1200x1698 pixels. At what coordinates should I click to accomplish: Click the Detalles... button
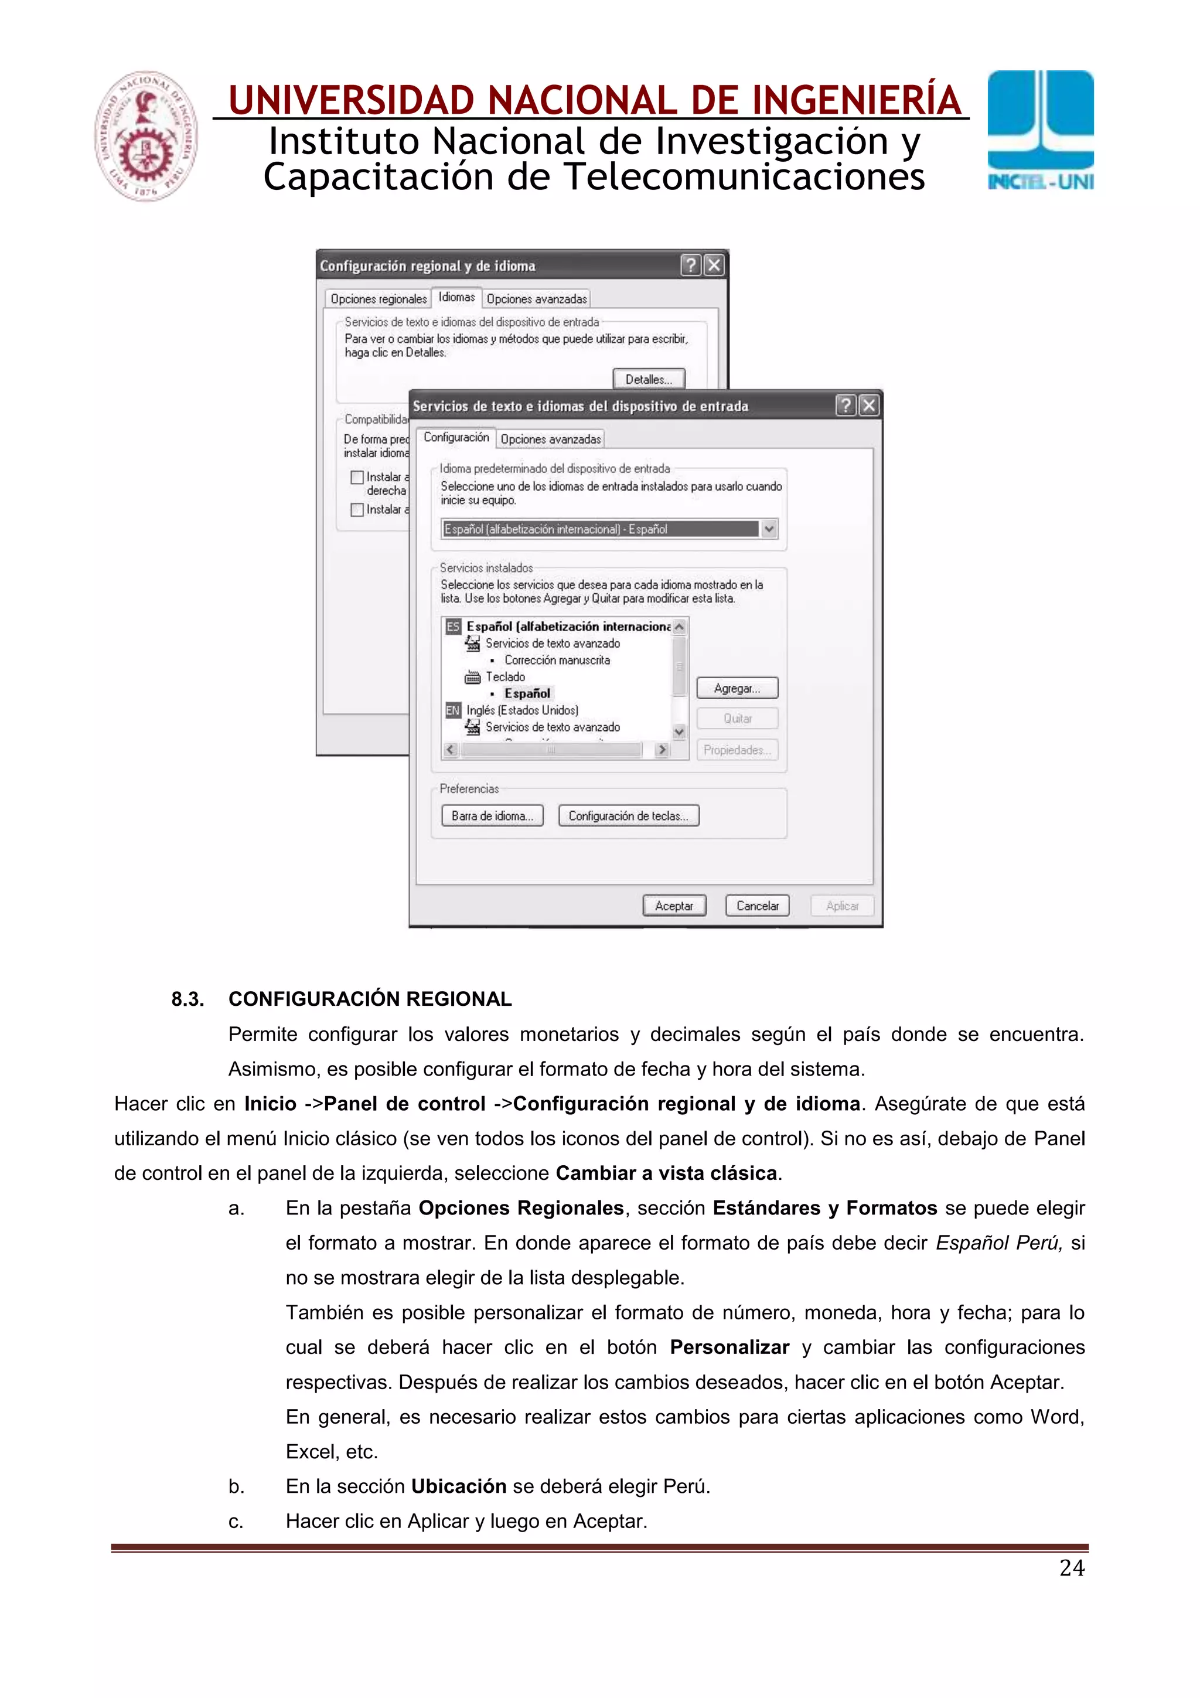click(x=649, y=379)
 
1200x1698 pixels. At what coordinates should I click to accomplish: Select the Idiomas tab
click(x=456, y=297)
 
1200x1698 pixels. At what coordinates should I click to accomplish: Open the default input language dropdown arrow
click(x=769, y=529)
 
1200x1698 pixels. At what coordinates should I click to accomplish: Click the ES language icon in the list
click(x=452, y=627)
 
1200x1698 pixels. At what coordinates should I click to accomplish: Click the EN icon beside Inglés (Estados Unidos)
click(x=452, y=710)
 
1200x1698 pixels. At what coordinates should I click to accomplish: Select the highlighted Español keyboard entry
click(x=527, y=693)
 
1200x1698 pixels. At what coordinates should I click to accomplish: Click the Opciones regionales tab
click(x=379, y=299)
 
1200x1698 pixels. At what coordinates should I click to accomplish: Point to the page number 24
click(x=1071, y=1567)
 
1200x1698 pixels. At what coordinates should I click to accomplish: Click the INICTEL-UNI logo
click(x=1040, y=132)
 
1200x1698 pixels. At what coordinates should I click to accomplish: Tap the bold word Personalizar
click(x=729, y=1347)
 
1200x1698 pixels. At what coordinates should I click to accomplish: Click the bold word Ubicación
click(x=458, y=1486)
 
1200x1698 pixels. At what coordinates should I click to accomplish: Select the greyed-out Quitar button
click(x=737, y=718)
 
